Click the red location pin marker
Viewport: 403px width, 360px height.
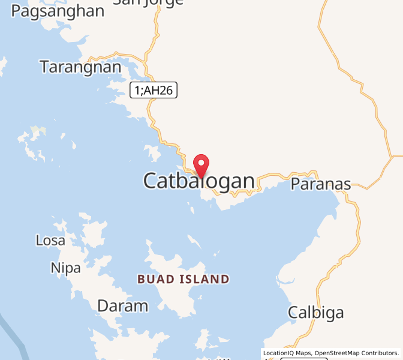(x=201, y=164)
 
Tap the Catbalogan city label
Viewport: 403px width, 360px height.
(x=199, y=181)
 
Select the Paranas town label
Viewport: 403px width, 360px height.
(x=320, y=184)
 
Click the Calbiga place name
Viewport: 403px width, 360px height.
(x=315, y=313)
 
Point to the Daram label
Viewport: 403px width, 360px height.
(x=122, y=306)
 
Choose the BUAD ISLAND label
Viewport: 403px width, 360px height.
(x=183, y=279)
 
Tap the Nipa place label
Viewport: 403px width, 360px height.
(x=65, y=268)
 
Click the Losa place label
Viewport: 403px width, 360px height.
(x=50, y=241)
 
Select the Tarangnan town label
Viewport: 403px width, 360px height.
(x=80, y=67)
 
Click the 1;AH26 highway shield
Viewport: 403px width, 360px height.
(x=154, y=90)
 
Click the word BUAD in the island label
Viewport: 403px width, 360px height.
(x=157, y=279)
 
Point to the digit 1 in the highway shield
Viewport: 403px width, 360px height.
(x=137, y=90)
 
